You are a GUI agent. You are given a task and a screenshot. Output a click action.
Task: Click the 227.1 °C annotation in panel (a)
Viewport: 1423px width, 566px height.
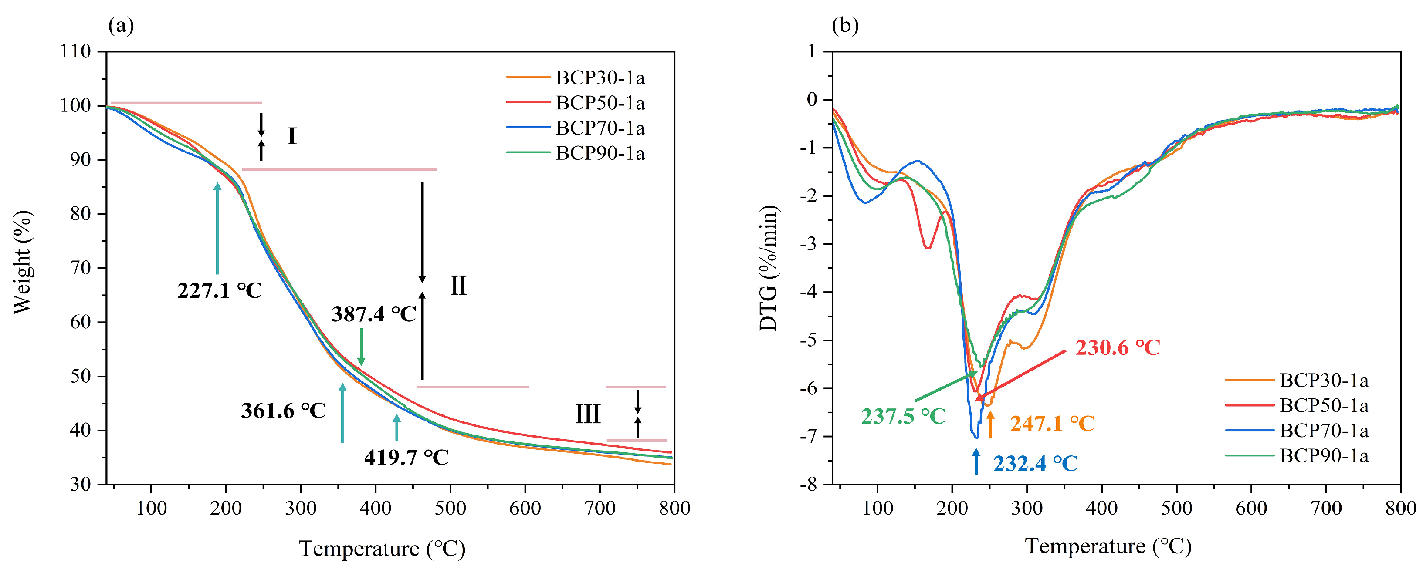click(219, 290)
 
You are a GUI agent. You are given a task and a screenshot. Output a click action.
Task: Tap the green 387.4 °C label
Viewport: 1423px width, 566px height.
click(373, 314)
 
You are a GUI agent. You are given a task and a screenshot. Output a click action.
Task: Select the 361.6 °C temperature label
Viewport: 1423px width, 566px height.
click(283, 410)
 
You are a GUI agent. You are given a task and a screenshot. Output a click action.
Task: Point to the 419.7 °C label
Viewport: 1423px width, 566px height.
click(406, 457)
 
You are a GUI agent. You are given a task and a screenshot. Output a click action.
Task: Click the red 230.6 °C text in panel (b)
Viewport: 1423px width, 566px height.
click(1118, 347)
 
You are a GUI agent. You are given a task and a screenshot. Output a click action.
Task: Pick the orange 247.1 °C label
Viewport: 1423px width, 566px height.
click(1052, 424)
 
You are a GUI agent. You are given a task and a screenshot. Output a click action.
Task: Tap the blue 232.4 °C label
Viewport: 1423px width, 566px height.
click(1035, 463)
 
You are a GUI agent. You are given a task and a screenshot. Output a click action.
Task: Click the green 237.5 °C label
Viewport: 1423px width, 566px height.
click(903, 416)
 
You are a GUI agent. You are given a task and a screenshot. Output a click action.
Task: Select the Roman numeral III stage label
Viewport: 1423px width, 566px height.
click(587, 414)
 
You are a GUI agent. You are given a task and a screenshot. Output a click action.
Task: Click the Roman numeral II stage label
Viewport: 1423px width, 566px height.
click(458, 286)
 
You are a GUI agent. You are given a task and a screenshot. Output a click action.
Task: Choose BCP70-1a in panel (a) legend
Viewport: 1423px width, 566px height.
click(600, 128)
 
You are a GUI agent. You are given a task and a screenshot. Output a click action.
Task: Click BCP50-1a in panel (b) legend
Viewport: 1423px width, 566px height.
click(1324, 406)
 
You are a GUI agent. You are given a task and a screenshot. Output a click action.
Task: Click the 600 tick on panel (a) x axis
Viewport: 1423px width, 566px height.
click(524, 508)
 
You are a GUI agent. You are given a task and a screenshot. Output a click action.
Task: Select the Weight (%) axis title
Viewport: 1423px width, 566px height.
click(22, 262)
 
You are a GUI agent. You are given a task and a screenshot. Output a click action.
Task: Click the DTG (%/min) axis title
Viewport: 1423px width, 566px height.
click(769, 268)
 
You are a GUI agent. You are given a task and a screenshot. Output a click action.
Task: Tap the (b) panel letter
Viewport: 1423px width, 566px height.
click(845, 25)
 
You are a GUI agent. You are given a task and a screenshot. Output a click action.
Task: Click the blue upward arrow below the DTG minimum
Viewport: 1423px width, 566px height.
click(976, 461)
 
